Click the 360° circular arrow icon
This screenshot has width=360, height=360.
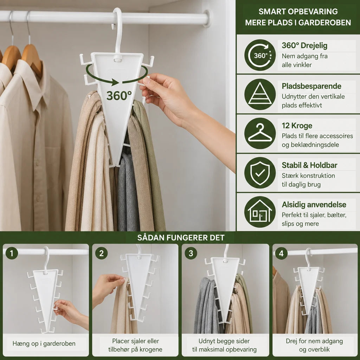click(x=260, y=55)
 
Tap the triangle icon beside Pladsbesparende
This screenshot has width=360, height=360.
click(x=260, y=94)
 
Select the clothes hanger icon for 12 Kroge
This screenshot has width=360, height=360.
click(x=260, y=133)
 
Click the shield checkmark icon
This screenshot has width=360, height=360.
click(x=260, y=173)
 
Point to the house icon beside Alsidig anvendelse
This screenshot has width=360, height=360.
click(x=260, y=212)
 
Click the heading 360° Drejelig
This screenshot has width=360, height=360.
click(x=304, y=45)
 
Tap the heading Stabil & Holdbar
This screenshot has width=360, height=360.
click(x=309, y=165)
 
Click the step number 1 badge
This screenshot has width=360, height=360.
click(x=12, y=253)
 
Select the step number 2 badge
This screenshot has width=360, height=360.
click(x=101, y=253)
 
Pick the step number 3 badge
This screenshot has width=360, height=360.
click(x=191, y=253)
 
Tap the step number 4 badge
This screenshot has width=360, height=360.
click(x=281, y=253)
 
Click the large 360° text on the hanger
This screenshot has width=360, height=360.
click(x=119, y=96)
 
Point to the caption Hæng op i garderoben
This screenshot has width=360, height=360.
click(x=44, y=343)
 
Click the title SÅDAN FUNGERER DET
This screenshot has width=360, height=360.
click(x=181, y=238)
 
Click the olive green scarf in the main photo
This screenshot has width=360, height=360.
click(x=152, y=161)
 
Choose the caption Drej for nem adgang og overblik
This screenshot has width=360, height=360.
click(x=314, y=345)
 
